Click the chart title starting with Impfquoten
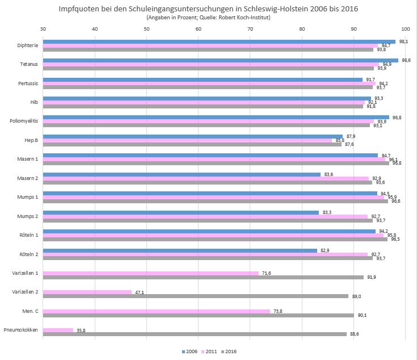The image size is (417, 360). tap(209, 10)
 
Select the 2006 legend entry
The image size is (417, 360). tap(191, 351)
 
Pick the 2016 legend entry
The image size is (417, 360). tap(229, 351)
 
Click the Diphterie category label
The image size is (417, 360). tap(28, 45)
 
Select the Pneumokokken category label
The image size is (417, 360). tap(21, 330)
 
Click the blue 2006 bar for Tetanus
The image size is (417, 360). tap(220, 61)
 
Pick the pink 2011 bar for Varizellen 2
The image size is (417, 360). tap(87, 292)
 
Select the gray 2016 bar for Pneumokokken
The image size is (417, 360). tap(195, 334)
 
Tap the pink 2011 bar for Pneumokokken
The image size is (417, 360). tap(58, 330)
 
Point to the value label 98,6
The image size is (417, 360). tap(406, 60)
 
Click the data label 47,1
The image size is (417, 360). tap(140, 292)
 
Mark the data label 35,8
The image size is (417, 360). tap(82, 330)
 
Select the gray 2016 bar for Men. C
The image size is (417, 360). tap(198, 315)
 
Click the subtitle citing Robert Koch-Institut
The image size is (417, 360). tap(209, 18)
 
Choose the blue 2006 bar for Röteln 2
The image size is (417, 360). tap(180, 250)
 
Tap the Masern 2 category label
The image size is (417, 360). tap(27, 178)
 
